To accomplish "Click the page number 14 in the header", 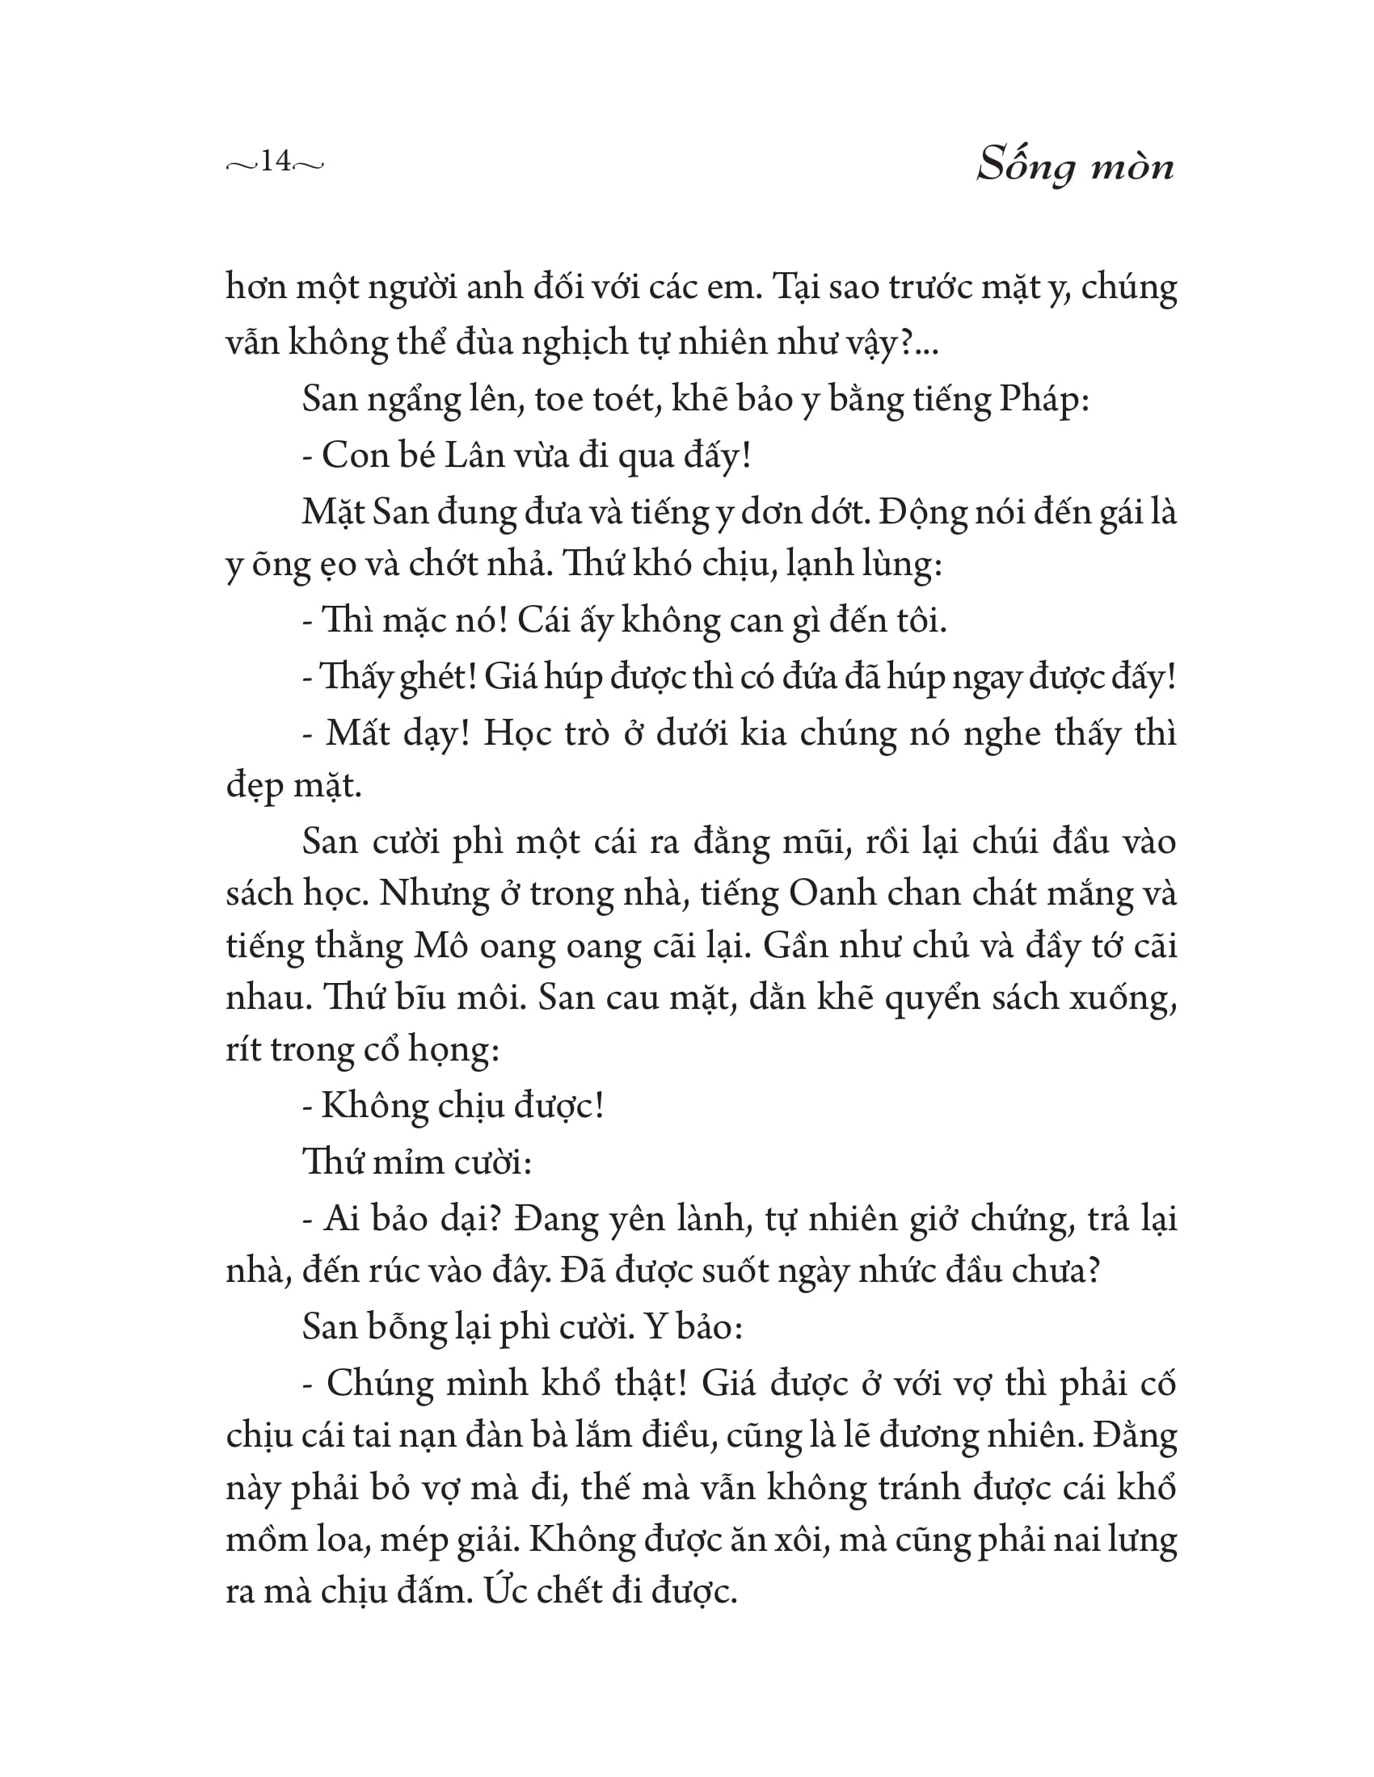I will pos(276,162).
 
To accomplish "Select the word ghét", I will pos(439,678).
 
